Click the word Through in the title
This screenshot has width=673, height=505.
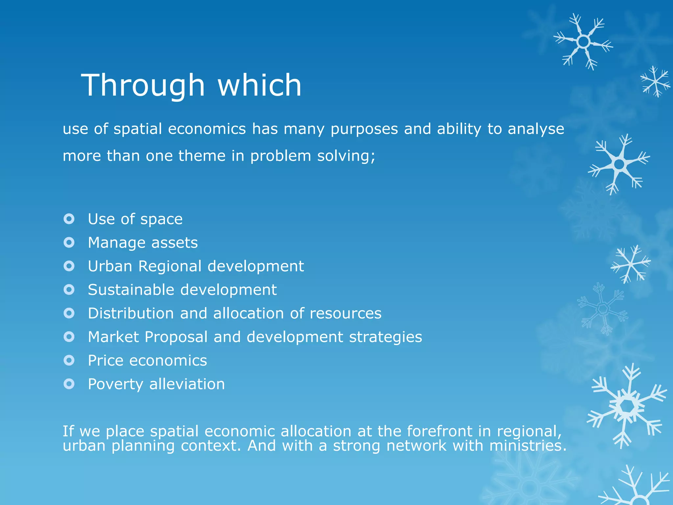(143, 85)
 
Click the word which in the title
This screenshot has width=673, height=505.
(259, 85)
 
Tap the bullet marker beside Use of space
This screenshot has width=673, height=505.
(69, 219)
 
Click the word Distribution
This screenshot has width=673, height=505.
(131, 313)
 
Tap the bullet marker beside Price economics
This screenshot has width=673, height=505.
(69, 360)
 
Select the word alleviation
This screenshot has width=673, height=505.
(187, 384)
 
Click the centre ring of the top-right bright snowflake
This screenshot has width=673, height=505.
(584, 42)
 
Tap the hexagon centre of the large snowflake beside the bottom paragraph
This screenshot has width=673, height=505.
(628, 406)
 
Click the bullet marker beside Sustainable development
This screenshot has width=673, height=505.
(69, 290)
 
